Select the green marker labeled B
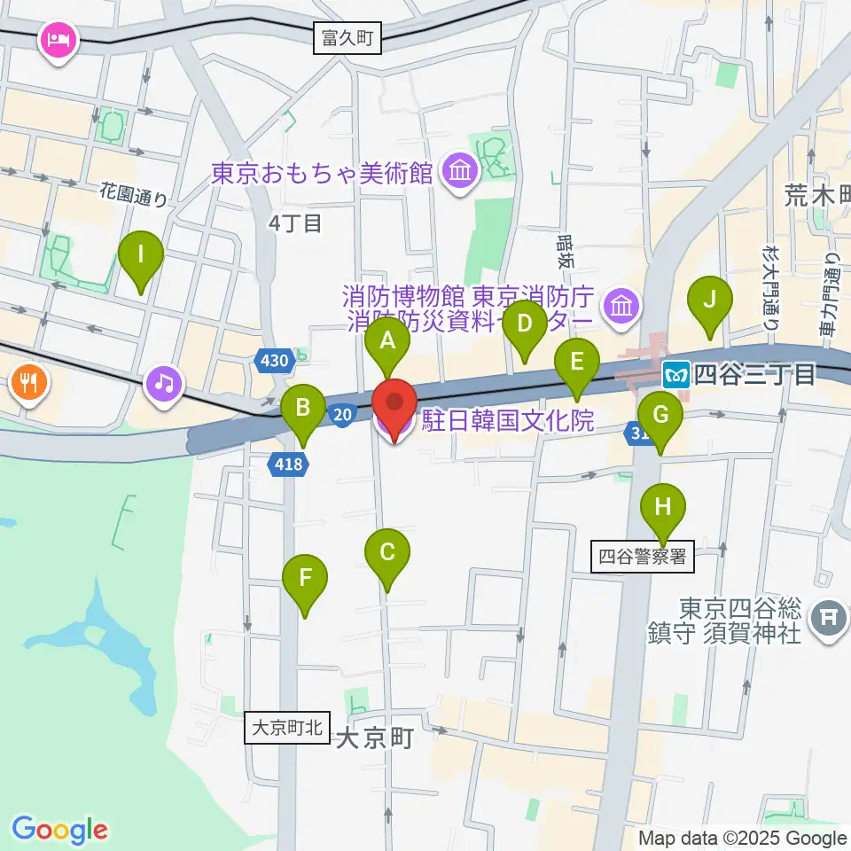[x=303, y=410]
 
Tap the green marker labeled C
[x=387, y=554]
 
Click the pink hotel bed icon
[x=59, y=40]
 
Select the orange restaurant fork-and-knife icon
[x=28, y=383]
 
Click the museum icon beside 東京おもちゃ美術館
[x=459, y=171]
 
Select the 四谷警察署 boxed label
[x=643, y=557]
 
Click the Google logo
[x=59, y=830]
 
